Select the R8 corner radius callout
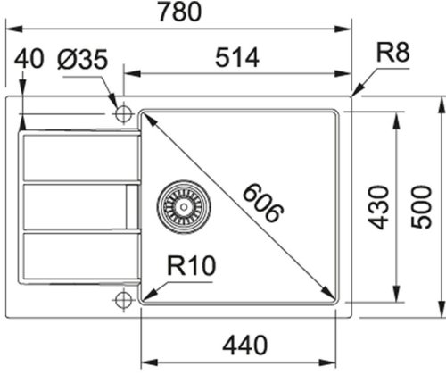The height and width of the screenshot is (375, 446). (392, 53)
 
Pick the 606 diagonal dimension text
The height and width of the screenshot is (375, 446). (262, 204)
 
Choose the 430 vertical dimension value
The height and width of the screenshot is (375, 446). (380, 206)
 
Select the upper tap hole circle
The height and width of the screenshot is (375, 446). (122, 113)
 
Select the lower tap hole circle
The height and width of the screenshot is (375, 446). (122, 300)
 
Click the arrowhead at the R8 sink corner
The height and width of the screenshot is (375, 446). (356, 90)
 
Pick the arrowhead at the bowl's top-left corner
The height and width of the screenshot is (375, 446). (146, 117)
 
